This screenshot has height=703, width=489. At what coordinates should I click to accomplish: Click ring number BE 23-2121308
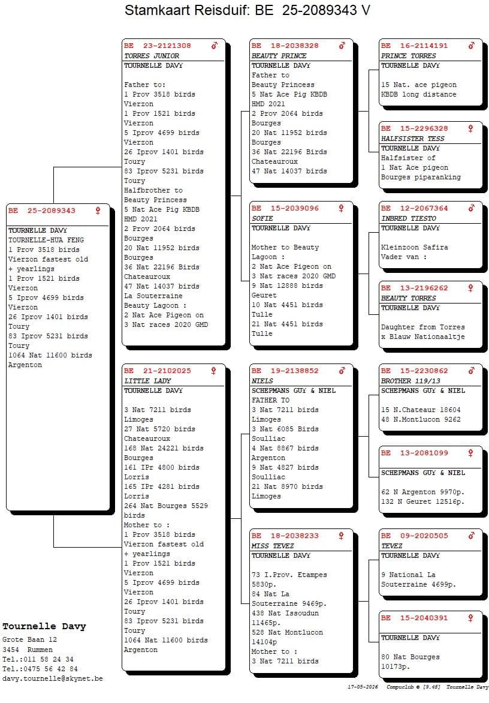coord(158,46)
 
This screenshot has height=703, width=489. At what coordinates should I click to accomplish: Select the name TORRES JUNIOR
coord(152,56)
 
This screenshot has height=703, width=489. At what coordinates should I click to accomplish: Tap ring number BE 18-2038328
coord(285,46)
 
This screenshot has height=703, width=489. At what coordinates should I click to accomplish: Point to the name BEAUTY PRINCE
coord(279,56)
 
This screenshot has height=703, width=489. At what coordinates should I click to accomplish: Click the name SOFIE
coord(262,218)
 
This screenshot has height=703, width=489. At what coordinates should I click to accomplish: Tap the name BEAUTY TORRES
coord(408,298)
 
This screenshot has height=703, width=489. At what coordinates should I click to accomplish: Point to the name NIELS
coord(262,381)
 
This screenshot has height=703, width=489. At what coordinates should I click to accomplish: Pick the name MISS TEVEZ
coord(273,546)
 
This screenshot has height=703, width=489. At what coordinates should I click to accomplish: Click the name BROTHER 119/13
coord(410,381)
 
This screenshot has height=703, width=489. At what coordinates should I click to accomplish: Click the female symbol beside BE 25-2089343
coord(98,211)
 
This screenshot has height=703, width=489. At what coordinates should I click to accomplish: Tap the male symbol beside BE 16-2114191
coord(471,45)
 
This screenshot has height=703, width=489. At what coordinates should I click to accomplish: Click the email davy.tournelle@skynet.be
coord(52,678)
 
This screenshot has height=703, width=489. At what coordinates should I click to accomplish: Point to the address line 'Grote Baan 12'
coord(29,640)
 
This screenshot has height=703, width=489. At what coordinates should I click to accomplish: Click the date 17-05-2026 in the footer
coord(363,687)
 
